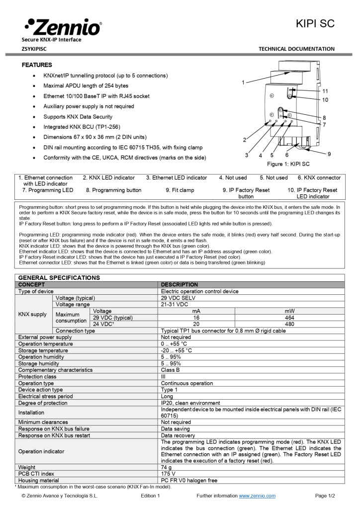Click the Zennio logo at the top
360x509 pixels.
point(62,27)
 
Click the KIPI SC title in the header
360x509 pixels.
point(315,24)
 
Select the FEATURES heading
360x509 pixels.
point(37,65)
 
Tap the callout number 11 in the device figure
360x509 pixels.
point(325,91)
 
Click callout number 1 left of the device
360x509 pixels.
point(243,82)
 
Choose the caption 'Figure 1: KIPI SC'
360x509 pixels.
point(288,164)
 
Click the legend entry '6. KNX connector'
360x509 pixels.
point(319,177)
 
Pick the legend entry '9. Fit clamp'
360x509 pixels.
point(180,190)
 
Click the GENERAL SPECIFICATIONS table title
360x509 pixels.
point(59,278)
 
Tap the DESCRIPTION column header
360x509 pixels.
point(180,285)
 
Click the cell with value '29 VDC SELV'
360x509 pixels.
point(178,298)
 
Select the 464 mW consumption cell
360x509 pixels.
point(289,317)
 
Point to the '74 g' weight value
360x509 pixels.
point(167,468)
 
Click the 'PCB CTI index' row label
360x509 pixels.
point(36,474)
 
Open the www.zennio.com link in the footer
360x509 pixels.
point(257,496)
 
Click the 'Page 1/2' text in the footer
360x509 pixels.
point(325,496)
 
